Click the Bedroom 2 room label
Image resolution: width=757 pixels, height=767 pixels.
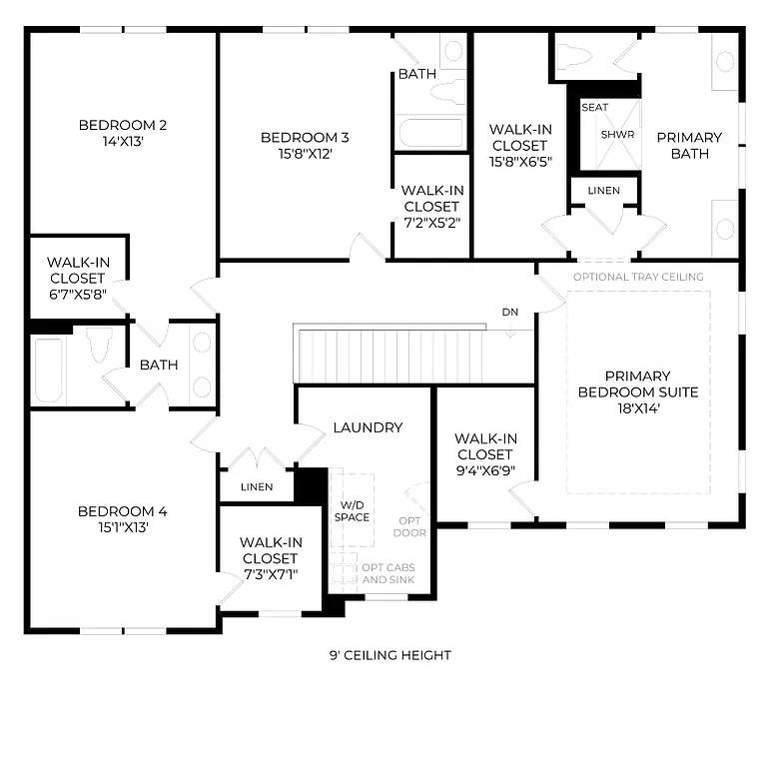coord(122,125)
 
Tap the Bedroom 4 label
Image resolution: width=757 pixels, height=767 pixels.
coord(122,511)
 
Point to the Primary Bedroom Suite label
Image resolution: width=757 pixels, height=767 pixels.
coord(637,383)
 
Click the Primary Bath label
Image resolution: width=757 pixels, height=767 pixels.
coord(689,145)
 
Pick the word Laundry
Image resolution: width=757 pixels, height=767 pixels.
coord(368,427)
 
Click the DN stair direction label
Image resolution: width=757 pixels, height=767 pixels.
coord(510,313)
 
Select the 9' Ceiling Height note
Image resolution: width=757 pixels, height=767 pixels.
coord(390,655)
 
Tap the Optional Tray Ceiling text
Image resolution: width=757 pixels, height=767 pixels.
coord(638,277)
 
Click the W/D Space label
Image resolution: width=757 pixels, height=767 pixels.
coord(352,510)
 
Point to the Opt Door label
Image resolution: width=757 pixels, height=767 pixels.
coord(411,526)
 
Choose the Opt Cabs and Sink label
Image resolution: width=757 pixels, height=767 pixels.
coord(388,573)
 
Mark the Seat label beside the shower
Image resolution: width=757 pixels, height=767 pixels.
coord(594,107)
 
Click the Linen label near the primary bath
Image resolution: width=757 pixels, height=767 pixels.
coord(603,190)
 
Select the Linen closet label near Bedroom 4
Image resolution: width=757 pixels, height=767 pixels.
coord(257,487)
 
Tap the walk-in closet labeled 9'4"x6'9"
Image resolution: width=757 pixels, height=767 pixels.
coord(485,454)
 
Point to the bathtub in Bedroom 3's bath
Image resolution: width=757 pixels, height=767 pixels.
coord(430,131)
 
